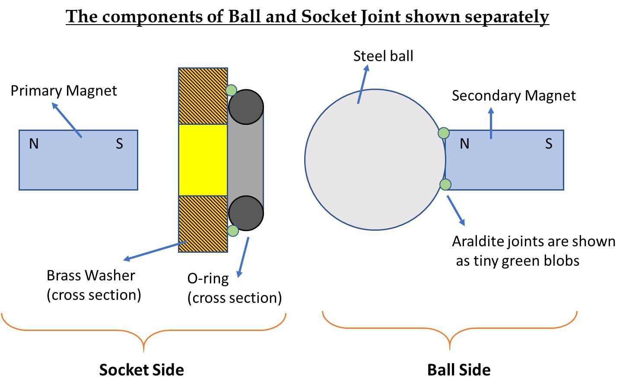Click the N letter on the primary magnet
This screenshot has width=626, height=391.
pos(34,144)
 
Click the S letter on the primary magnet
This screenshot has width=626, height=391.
pos(119,144)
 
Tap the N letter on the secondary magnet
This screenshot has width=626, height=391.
pos(464,144)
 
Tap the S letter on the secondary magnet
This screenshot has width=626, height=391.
pos(549,144)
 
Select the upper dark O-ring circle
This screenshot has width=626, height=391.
pos(246,107)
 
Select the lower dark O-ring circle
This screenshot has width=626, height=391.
pos(246,213)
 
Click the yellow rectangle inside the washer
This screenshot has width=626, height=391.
pos(203,160)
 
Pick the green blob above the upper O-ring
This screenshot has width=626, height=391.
pos(231,90)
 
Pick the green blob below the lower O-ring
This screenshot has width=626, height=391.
pos(233,231)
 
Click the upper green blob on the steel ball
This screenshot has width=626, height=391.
pos(444,133)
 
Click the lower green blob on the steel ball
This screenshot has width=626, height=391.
pos(445,185)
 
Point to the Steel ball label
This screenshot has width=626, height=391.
pos(383,56)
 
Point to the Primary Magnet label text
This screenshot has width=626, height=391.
pos(64,91)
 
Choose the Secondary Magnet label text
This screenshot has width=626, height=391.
pos(514,95)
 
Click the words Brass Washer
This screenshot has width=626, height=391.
pos(91,276)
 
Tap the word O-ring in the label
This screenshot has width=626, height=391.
pos(208,279)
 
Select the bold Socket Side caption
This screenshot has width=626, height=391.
pos(141,370)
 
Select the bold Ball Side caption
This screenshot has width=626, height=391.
pos(459,370)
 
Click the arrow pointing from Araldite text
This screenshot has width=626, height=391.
pos(456,210)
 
